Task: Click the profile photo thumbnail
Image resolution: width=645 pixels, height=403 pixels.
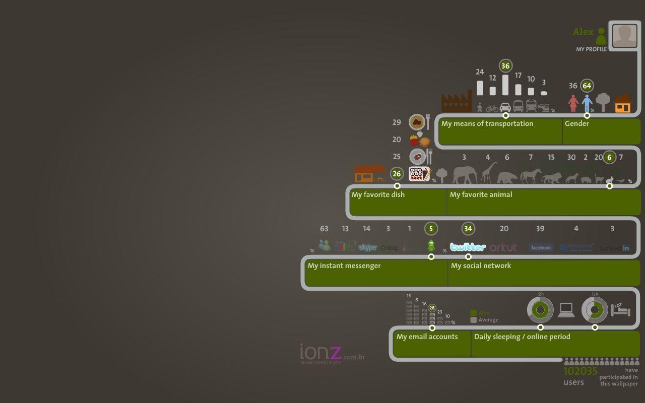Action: [x=625, y=36]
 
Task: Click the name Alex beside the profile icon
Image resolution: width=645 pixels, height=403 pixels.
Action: [x=583, y=32]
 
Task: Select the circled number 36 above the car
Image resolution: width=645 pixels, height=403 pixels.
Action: [x=505, y=66]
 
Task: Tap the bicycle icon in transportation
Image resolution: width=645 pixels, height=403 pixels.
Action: [x=492, y=108]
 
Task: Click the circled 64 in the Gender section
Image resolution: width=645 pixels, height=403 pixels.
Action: [x=587, y=86]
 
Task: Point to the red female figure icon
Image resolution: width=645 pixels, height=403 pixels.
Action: [x=573, y=103]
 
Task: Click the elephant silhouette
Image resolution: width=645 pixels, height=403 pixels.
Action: [x=465, y=175]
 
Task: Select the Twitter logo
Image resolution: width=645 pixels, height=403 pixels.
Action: [x=468, y=247]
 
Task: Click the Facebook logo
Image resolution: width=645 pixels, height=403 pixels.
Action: [x=541, y=247]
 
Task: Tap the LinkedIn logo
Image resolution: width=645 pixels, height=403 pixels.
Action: [x=615, y=248]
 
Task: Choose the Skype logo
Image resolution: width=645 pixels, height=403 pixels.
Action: [x=368, y=247]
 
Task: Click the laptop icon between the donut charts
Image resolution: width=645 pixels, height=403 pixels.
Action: [x=566, y=310]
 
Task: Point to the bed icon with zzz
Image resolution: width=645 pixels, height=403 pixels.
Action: [x=620, y=309]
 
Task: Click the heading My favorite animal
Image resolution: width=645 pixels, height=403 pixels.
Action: [x=481, y=194]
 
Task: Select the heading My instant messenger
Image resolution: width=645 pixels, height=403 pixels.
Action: [x=344, y=265]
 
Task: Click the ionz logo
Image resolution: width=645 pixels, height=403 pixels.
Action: [x=321, y=353]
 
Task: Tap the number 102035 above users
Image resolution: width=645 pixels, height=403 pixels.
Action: [x=580, y=371]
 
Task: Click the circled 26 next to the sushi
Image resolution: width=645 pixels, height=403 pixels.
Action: [x=397, y=174]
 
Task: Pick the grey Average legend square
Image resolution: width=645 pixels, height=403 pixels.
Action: [x=473, y=320]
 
